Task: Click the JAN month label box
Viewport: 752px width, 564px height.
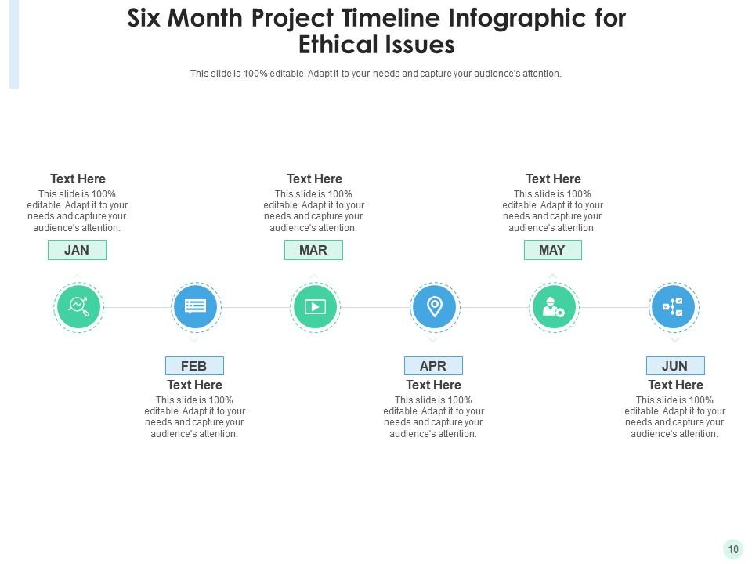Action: click(77, 250)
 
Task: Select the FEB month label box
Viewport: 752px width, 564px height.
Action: click(194, 366)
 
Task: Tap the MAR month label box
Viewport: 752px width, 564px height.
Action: click(313, 250)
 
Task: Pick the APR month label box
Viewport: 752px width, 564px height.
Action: click(433, 366)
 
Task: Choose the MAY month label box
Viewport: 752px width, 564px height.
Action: click(552, 250)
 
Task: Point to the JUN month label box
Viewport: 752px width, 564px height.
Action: click(674, 366)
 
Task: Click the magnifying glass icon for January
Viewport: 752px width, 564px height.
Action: click(78, 307)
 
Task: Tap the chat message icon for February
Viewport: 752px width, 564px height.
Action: click(195, 307)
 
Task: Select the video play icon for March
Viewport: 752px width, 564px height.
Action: click(314, 307)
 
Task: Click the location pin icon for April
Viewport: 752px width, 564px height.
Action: click(434, 306)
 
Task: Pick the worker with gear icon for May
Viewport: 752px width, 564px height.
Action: click(553, 307)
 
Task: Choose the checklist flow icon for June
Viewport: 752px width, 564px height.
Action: click(673, 307)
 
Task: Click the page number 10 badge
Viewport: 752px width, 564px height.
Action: click(733, 549)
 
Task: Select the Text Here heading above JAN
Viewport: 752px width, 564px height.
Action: click(78, 179)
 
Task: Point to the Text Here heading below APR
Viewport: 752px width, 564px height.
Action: click(433, 385)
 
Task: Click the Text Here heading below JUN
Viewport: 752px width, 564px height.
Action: click(675, 385)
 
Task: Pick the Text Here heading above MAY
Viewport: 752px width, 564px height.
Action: click(553, 179)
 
